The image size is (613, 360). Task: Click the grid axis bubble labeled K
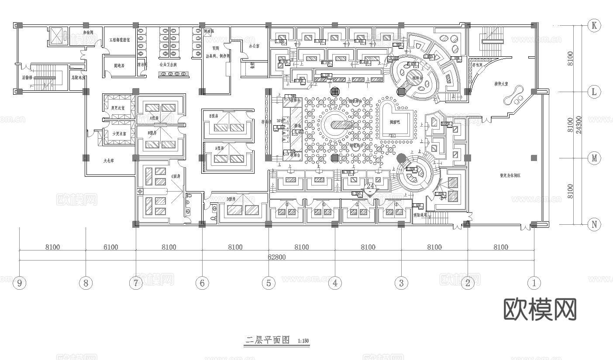(x=594, y=25)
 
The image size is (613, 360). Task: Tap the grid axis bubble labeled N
(x=594, y=225)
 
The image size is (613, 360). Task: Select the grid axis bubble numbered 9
(x=19, y=283)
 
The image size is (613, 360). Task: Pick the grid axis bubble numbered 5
(x=269, y=283)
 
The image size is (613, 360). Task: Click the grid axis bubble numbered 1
(x=534, y=283)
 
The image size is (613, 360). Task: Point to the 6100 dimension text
(x=110, y=247)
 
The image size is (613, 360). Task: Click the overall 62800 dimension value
(x=276, y=257)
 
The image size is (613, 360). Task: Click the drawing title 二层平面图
(x=268, y=340)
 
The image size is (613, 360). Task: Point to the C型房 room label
(x=176, y=176)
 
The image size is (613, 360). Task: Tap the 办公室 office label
(x=254, y=45)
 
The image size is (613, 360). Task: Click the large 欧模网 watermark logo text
(x=540, y=309)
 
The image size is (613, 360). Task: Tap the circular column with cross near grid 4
(x=335, y=92)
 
